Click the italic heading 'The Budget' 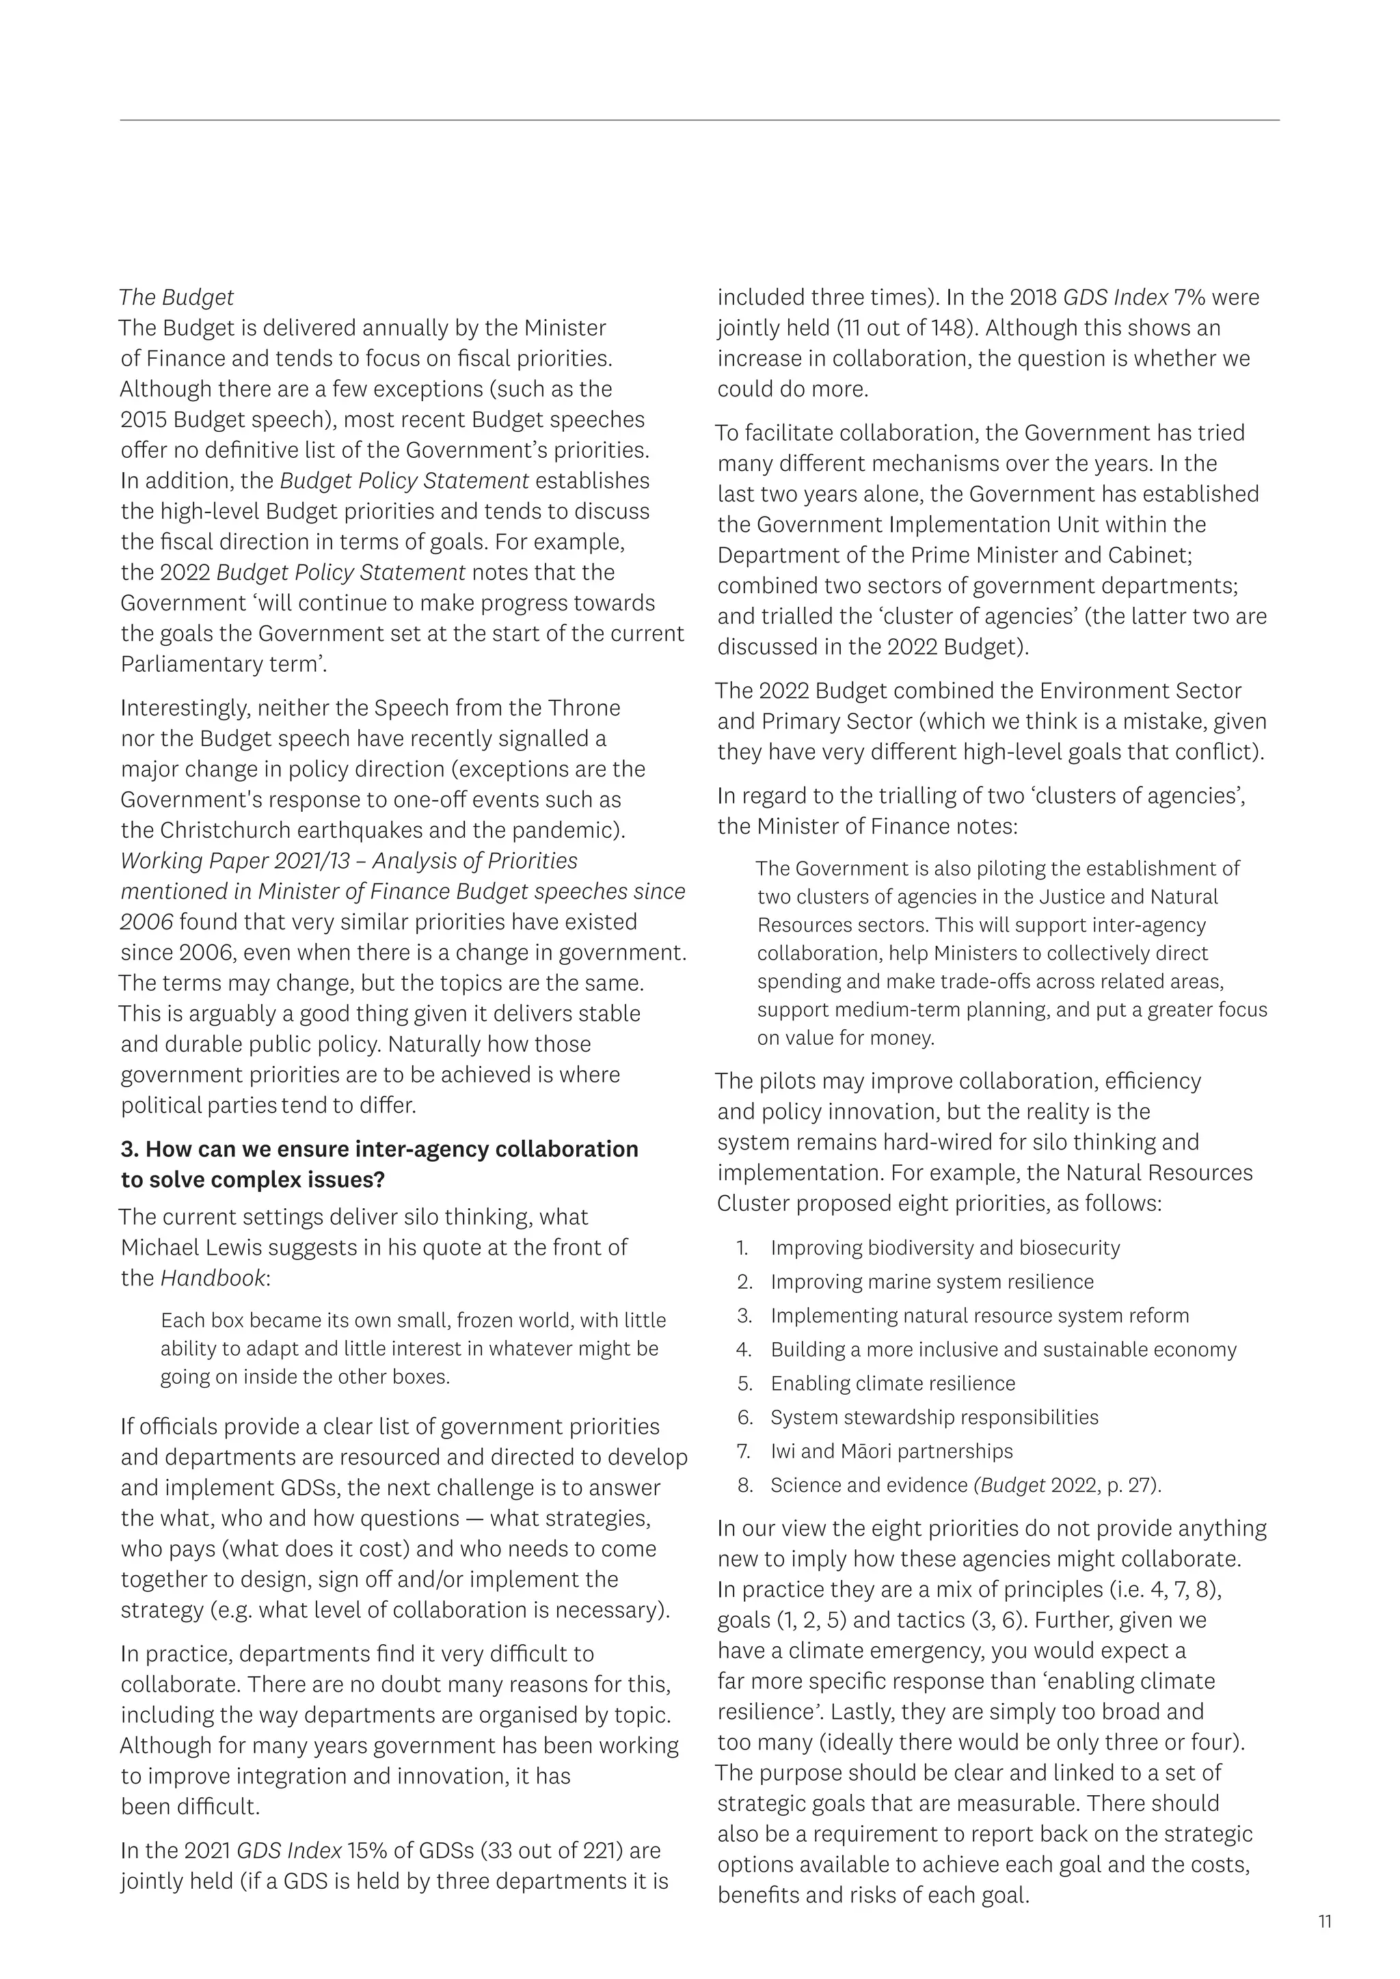pyautogui.click(x=176, y=297)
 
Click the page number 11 pyautogui.click(x=1325, y=1921)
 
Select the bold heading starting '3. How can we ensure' pyautogui.click(x=379, y=1164)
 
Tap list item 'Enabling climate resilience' pyautogui.click(x=892, y=1383)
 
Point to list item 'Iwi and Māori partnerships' pyautogui.click(x=891, y=1451)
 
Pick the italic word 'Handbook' pyautogui.click(x=213, y=1277)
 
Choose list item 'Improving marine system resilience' pyautogui.click(x=932, y=1282)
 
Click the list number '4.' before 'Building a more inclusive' pyautogui.click(x=745, y=1350)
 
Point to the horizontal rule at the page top pyautogui.click(x=699, y=120)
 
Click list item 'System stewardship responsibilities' pyautogui.click(x=934, y=1417)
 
